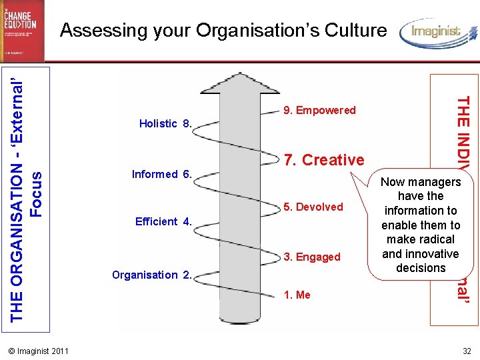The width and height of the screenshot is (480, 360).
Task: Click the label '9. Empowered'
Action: coord(320,110)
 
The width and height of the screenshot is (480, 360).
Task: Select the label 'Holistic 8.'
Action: coord(165,123)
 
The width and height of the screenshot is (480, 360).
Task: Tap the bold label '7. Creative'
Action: coord(324,160)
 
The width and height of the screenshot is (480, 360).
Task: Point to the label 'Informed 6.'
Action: coord(162,175)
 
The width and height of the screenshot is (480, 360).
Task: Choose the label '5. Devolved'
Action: coord(313,207)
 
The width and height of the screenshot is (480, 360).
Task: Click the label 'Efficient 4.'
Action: coord(163,221)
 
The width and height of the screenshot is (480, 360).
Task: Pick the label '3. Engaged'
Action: coord(312,257)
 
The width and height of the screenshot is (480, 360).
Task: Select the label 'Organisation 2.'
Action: coord(153,275)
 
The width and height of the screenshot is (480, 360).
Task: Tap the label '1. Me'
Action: coord(297,295)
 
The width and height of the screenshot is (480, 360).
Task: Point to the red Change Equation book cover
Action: coord(23,31)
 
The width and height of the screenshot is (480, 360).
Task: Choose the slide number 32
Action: coord(466,351)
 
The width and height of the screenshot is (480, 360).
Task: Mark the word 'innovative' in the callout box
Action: coord(434,253)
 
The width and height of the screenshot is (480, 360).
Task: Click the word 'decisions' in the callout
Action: coord(421,268)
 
